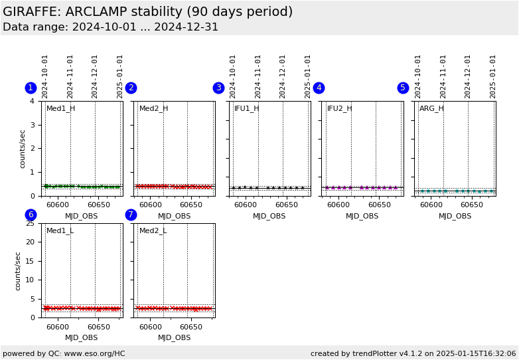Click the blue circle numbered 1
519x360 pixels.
[x=31, y=88]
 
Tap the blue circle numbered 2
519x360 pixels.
[x=131, y=88]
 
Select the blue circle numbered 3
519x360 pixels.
[x=218, y=88]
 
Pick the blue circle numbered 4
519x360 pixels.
[x=319, y=88]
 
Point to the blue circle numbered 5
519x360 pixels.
[x=403, y=88]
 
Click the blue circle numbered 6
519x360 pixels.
[x=31, y=215]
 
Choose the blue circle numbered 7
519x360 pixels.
[x=131, y=215]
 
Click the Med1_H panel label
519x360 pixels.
[x=60, y=108]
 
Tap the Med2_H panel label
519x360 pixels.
[x=153, y=108]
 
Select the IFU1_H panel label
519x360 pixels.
[x=246, y=108]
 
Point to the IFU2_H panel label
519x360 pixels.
[x=339, y=108]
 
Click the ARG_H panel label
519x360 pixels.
[x=431, y=108]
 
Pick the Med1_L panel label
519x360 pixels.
[x=60, y=230]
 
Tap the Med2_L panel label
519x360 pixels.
[x=153, y=230]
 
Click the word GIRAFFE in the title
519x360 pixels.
[x=31, y=12]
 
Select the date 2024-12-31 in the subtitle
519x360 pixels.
[x=186, y=27]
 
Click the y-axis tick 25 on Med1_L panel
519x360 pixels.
[x=30, y=223]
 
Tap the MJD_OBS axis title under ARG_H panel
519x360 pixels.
[x=455, y=216]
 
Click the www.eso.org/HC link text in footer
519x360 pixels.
[x=92, y=353]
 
